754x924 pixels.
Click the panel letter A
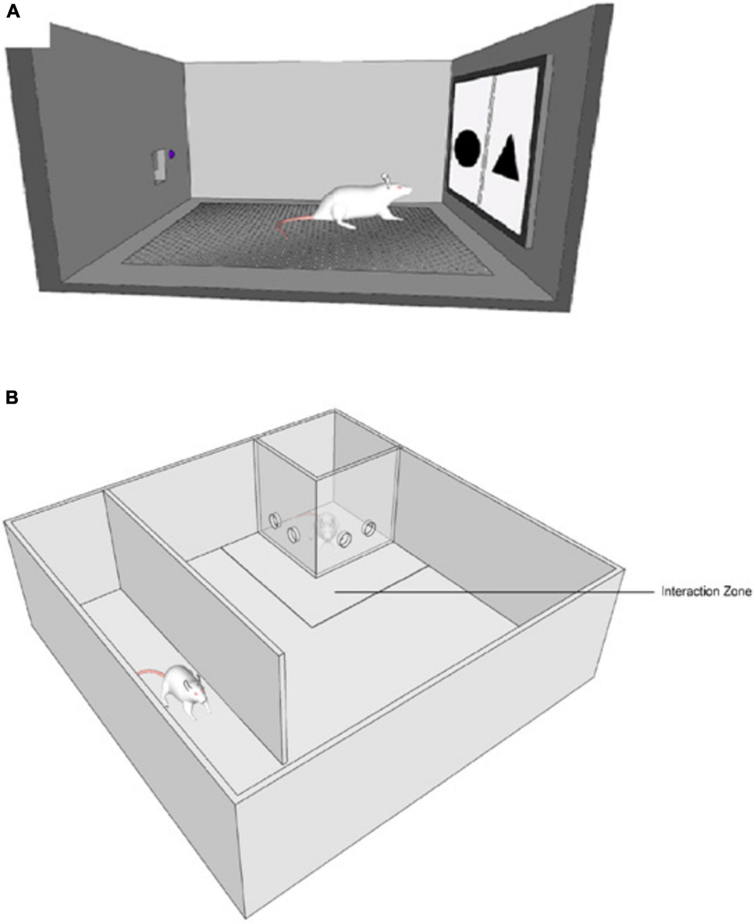[x=13, y=12]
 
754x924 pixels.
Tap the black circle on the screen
[x=467, y=148]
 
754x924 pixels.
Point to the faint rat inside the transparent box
[x=327, y=528]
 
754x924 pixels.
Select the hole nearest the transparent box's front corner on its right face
[x=344, y=539]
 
